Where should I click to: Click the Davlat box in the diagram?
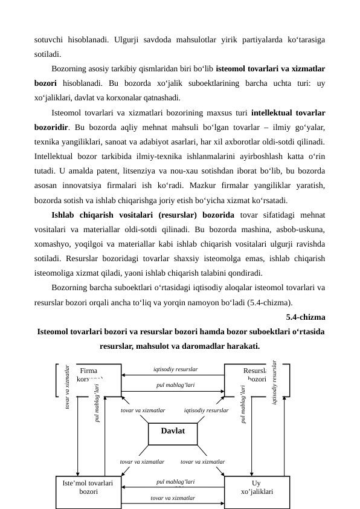pos(172,432)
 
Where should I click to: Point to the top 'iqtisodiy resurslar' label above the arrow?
pos(175,369)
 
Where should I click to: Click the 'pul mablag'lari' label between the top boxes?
pos(175,384)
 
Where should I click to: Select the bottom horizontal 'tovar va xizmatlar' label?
pos(173,498)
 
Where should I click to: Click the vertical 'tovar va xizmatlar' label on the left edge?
pos(68,387)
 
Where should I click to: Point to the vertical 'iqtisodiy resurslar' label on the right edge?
pos(275,382)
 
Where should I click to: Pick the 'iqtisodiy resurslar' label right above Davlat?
pos(206,410)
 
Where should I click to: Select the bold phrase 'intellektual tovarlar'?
pos(288,112)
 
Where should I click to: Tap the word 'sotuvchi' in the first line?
pos(50,40)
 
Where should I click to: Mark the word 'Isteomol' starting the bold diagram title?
pos(55,332)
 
